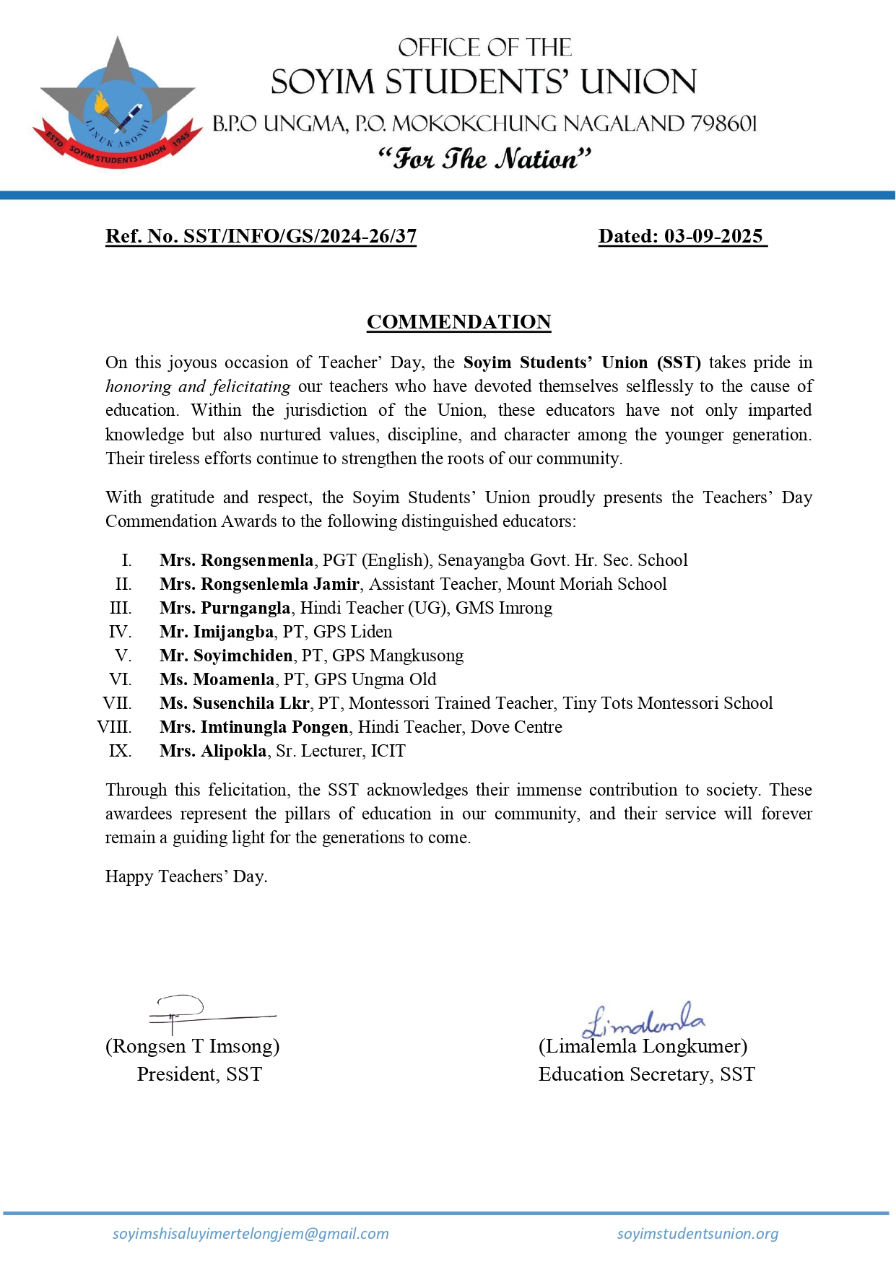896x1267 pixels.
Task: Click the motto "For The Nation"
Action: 484,158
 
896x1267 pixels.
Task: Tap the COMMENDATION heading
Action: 458,322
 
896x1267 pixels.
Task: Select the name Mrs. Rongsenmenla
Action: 236,560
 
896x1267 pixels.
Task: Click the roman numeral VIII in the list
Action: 115,727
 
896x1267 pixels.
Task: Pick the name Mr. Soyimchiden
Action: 226,656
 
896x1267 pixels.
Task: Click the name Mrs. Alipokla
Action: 213,751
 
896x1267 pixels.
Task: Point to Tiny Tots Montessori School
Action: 667,703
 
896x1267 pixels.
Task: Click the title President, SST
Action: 199,1074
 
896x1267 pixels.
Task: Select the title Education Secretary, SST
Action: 646,1074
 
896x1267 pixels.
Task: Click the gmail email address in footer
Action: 251,1234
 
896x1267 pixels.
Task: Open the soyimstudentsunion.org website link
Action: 697,1234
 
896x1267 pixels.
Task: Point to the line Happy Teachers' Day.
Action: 186,876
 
